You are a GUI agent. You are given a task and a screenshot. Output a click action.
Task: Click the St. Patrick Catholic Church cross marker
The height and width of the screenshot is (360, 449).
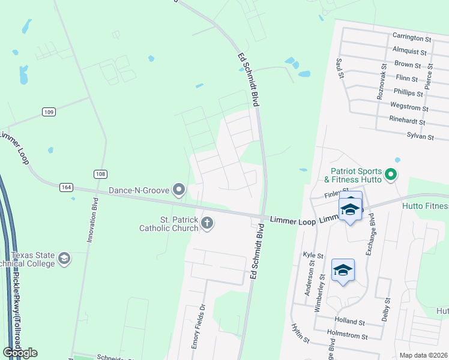pos(207,224)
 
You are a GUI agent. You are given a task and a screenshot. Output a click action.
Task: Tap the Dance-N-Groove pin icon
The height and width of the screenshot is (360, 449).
pos(179,190)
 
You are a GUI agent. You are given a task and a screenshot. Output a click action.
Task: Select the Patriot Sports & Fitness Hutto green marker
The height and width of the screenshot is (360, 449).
pos(391,175)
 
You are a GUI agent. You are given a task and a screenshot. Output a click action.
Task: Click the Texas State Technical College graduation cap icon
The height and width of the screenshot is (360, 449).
pos(64,259)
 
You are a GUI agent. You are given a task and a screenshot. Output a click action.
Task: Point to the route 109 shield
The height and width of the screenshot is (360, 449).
pos(49,112)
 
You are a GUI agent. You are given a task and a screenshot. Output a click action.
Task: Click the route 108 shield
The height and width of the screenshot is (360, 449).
pos(100,174)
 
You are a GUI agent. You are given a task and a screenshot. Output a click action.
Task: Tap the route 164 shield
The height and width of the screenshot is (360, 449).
pos(67,187)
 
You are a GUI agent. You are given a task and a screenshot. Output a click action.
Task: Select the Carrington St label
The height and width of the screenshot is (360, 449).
pos(411,38)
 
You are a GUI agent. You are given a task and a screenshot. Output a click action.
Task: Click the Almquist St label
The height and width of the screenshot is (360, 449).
pos(409,52)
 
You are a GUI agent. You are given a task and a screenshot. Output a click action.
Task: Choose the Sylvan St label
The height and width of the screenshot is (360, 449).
pos(420,137)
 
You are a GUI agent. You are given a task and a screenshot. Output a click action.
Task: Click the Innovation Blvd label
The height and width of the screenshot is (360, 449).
pos(92,219)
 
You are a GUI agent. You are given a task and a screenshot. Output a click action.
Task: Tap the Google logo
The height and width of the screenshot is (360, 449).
pos(20,353)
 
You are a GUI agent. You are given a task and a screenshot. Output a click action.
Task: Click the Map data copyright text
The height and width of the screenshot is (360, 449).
pos(424,355)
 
